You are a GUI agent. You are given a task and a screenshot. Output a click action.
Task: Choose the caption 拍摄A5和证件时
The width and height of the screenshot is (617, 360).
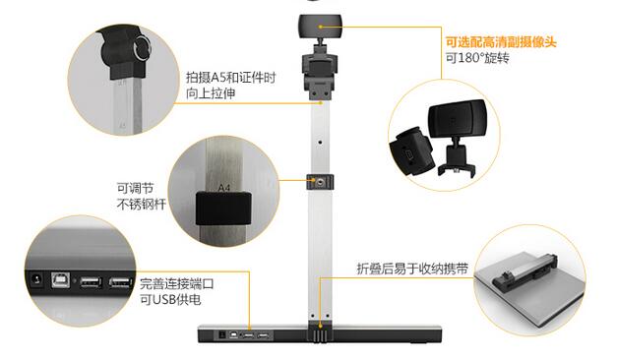229,76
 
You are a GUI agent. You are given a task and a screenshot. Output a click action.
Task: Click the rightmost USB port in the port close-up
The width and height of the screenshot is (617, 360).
121,284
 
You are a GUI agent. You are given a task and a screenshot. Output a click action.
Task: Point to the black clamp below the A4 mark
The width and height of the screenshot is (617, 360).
220,207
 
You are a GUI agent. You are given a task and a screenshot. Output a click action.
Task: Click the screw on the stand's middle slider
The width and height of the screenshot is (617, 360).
320,182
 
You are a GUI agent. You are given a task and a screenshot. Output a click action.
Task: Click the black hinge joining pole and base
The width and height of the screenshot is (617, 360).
321,333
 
